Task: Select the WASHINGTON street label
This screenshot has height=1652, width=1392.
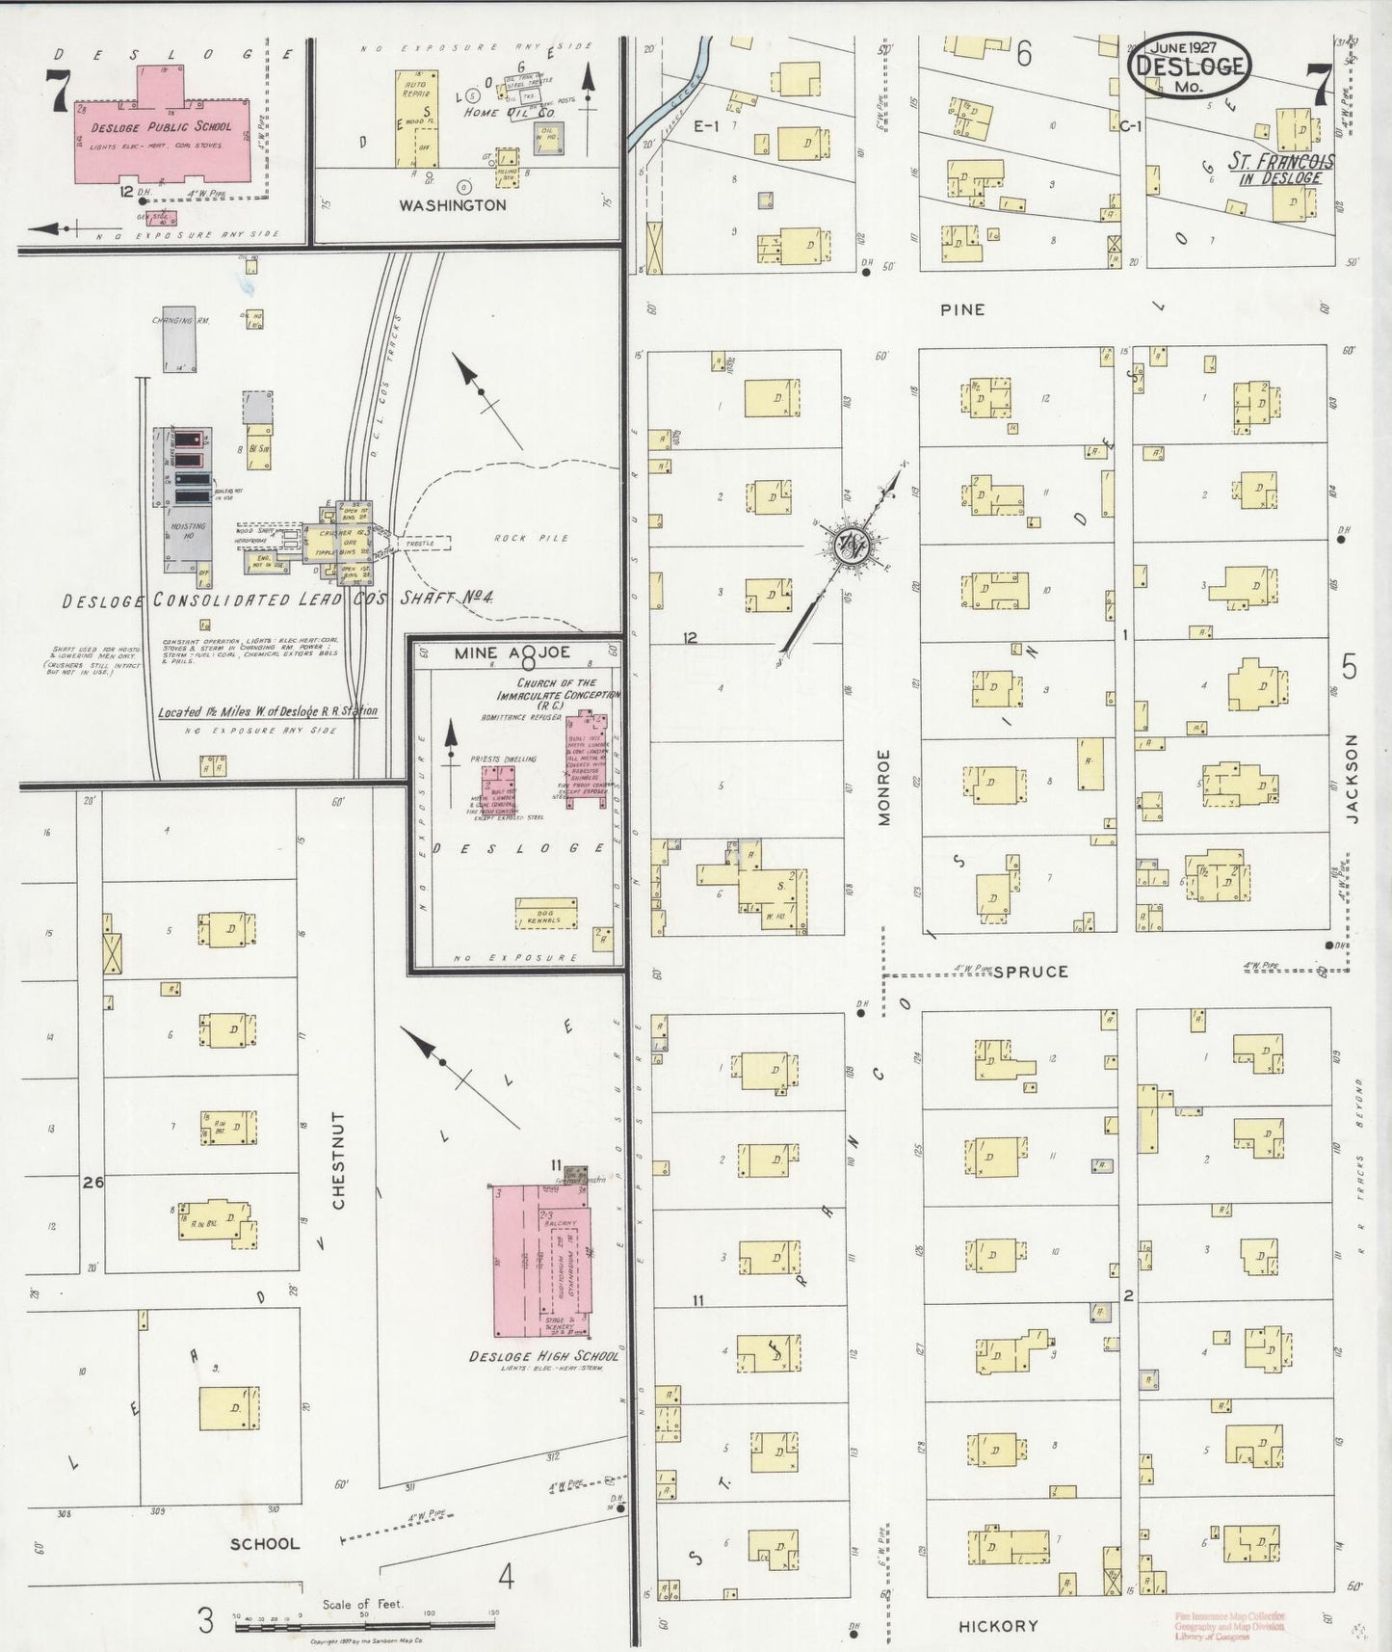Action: [452, 205]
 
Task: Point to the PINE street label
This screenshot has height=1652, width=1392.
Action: [962, 309]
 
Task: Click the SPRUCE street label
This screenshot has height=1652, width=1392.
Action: [1030, 972]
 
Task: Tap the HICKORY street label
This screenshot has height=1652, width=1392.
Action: [998, 1626]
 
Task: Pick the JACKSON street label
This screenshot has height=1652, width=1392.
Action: [1351, 779]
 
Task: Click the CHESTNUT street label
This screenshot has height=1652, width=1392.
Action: [337, 1160]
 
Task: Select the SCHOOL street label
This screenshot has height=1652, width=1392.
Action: [265, 1543]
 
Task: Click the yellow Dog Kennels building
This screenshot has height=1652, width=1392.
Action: [545, 914]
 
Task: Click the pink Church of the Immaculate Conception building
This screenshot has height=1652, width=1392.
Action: [586, 758]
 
